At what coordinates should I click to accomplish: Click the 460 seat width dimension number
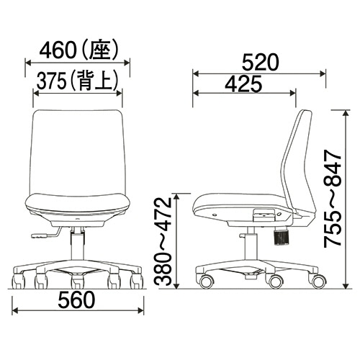[58, 51]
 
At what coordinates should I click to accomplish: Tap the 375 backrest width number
[51, 81]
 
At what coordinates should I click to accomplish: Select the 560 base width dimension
[76, 300]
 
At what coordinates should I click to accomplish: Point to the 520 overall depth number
[260, 63]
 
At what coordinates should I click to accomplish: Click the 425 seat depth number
[243, 84]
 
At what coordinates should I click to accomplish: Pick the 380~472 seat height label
[163, 242]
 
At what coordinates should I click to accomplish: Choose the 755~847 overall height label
[333, 198]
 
